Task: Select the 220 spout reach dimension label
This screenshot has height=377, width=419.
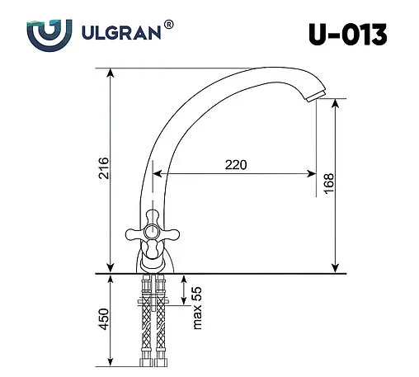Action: (237, 164)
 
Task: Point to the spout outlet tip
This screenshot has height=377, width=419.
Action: (312, 97)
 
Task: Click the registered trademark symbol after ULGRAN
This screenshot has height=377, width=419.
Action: (169, 26)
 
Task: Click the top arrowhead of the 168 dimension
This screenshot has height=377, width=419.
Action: (335, 101)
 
